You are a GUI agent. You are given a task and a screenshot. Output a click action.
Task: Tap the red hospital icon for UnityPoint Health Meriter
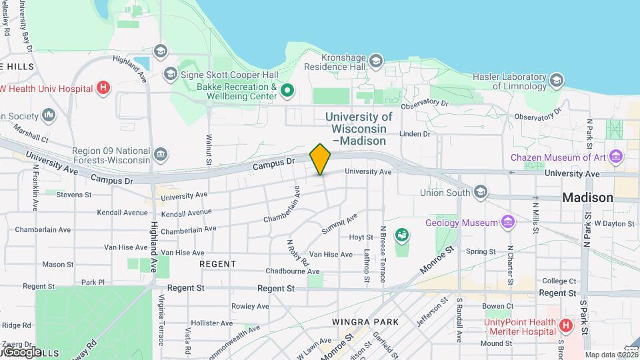[x=565, y=326]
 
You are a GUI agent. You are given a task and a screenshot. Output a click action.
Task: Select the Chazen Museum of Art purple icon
[x=616, y=157]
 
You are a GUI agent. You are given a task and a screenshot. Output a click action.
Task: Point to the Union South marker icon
[x=481, y=193]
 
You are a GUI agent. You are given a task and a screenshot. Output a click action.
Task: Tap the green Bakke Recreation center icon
[x=287, y=90]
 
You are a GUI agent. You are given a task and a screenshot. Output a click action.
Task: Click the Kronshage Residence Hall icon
[x=376, y=62]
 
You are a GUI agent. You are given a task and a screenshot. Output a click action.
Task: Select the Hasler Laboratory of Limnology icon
[x=557, y=81]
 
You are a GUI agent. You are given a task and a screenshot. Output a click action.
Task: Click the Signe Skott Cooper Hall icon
[x=171, y=74]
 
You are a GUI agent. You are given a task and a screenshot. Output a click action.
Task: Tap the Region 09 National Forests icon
[x=161, y=155]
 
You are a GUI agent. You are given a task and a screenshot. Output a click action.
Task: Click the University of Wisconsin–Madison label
[x=359, y=129]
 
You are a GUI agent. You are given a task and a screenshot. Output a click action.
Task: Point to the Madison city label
[x=587, y=197]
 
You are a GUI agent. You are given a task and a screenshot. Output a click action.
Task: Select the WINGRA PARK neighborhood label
[x=365, y=322]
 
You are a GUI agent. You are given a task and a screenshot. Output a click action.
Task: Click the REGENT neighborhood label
[x=217, y=264]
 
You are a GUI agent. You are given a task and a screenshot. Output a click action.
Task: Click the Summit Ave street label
[x=340, y=223]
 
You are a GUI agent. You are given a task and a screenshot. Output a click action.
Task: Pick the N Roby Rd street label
[x=297, y=253]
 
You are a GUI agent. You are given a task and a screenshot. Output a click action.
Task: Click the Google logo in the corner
[x=22, y=351]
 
